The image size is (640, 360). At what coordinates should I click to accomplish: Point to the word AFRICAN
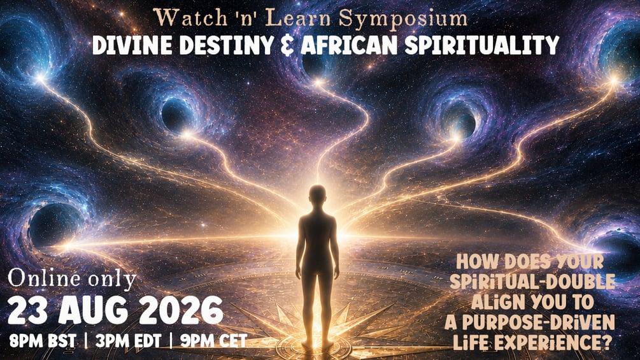click(x=349, y=45)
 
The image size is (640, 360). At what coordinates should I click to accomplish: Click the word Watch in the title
click(x=190, y=18)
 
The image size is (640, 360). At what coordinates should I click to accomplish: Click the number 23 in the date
click(x=28, y=310)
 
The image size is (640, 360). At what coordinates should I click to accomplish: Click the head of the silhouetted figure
click(x=317, y=195)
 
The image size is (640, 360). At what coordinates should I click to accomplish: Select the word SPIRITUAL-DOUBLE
click(x=532, y=282)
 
